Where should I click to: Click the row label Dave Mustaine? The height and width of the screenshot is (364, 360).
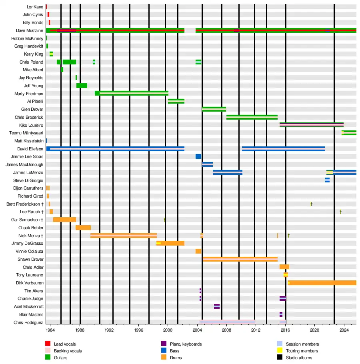(30, 30)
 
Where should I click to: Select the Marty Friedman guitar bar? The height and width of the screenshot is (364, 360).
(132, 93)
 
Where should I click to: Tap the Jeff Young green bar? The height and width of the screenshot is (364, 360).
(82, 86)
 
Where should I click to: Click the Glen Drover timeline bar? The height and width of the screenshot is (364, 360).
(214, 109)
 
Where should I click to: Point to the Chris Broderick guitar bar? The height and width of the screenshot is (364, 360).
(252, 117)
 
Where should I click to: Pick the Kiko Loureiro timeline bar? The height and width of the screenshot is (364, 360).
(311, 125)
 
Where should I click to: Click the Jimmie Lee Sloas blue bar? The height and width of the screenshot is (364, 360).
(198, 156)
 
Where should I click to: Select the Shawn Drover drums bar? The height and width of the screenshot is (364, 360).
(240, 259)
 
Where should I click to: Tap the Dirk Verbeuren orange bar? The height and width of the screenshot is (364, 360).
(322, 283)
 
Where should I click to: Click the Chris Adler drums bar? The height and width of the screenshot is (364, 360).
(284, 267)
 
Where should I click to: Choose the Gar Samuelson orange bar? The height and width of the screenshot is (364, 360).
(64, 220)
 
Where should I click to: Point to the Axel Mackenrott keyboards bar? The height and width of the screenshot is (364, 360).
(217, 306)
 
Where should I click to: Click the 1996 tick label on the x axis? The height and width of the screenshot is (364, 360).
(139, 330)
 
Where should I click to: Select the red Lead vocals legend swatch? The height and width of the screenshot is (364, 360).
(48, 344)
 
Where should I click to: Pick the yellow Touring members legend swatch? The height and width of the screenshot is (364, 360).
(280, 351)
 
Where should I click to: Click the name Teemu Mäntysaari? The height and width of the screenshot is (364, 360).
(26, 133)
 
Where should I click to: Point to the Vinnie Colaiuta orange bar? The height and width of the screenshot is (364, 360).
(198, 251)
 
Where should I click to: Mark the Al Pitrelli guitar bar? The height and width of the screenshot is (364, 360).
(176, 101)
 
